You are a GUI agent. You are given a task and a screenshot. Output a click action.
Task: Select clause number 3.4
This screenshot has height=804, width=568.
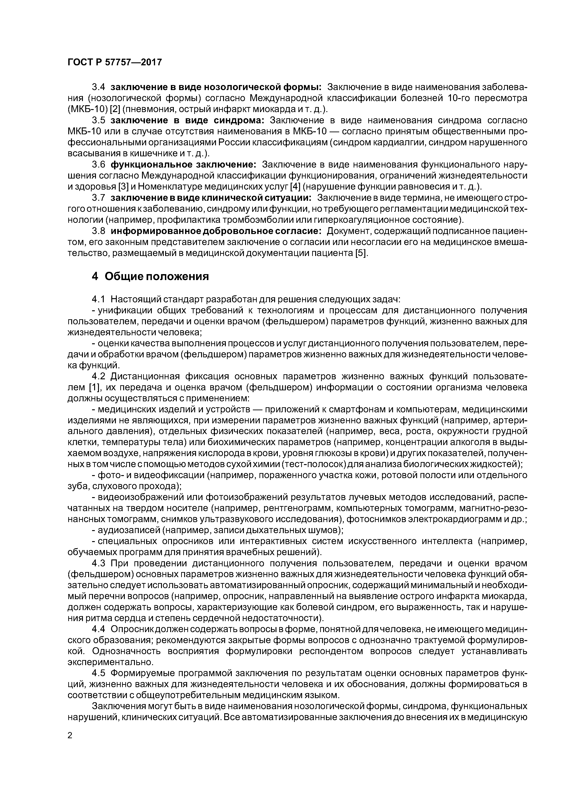coord(99,87)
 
